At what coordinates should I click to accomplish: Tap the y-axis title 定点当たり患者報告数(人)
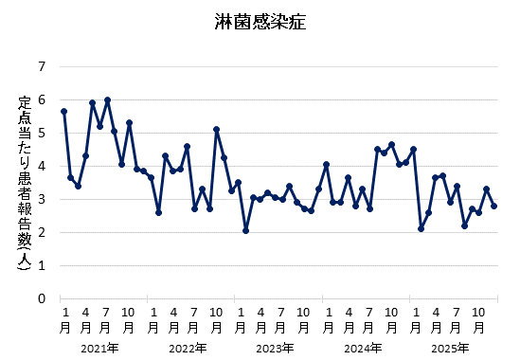[x=26, y=183]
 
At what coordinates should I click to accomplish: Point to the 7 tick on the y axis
[x=42, y=66]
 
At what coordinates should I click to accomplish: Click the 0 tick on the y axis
[x=42, y=298]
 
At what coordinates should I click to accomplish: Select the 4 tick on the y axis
[x=42, y=166]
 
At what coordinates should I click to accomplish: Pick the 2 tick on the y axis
[x=42, y=232]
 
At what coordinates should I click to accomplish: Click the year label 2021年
[x=99, y=348]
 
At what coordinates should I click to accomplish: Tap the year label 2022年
[x=187, y=348]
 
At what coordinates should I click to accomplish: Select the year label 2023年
[x=274, y=348]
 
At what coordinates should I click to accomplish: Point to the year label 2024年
[x=361, y=348]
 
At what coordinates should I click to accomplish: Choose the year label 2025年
[x=448, y=348]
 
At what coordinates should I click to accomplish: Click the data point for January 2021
[x=63, y=111]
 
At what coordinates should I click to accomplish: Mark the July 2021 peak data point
[x=107, y=99]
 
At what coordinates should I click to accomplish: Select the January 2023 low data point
[x=245, y=230]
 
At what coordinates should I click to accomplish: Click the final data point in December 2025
[x=493, y=206]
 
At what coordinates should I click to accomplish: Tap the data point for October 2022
[x=216, y=129]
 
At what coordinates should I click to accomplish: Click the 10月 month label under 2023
[x=303, y=319]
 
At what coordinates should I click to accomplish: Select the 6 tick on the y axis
[x=42, y=99]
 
